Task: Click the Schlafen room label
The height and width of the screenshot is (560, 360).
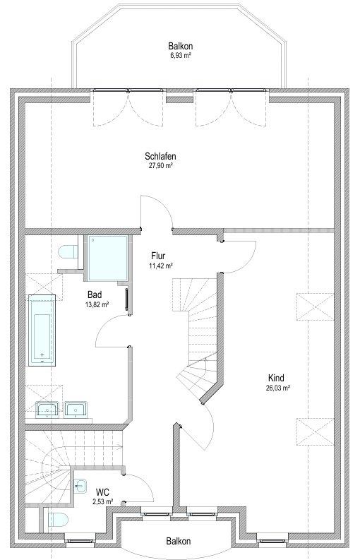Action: coord(160,157)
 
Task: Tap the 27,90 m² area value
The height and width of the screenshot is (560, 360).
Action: coord(161,165)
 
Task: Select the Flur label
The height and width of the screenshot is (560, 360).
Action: coord(158,256)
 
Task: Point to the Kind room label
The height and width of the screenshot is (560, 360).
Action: coord(277,378)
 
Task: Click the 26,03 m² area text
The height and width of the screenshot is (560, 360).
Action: coord(277,388)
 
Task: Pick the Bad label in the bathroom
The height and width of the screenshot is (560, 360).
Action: coord(95,294)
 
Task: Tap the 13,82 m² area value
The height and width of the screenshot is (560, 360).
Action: coord(97,304)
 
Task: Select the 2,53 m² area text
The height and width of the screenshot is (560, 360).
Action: coord(103,502)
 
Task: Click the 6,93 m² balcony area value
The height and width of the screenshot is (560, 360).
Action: coord(181,55)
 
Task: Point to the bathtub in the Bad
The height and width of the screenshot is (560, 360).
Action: coord(42,330)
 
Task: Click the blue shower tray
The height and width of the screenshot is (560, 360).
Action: coord(107,258)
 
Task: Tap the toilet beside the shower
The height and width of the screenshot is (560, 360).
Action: coord(68,252)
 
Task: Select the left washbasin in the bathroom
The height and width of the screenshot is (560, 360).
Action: coord(47,410)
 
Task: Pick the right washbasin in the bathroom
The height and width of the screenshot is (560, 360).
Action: coord(76,410)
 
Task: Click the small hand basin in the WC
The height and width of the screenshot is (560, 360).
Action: coord(80,486)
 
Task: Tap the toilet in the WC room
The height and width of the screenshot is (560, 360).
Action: coord(58,520)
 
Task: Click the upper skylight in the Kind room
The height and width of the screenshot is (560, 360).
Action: coord(315,306)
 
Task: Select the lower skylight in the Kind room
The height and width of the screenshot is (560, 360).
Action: coord(315,431)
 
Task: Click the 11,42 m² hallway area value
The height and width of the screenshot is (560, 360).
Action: coord(161,266)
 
